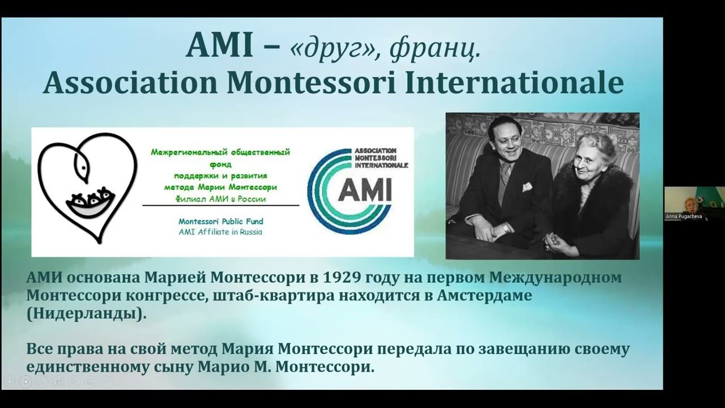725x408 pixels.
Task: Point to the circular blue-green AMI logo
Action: pos(351,190)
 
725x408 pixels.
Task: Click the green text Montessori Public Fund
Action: pos(220,221)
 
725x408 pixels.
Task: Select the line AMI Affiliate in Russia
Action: pos(220,231)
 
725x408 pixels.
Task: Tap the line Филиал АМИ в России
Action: pos(220,199)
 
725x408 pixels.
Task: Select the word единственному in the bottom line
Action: pos(83,367)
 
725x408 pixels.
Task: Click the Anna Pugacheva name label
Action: pos(686,216)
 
